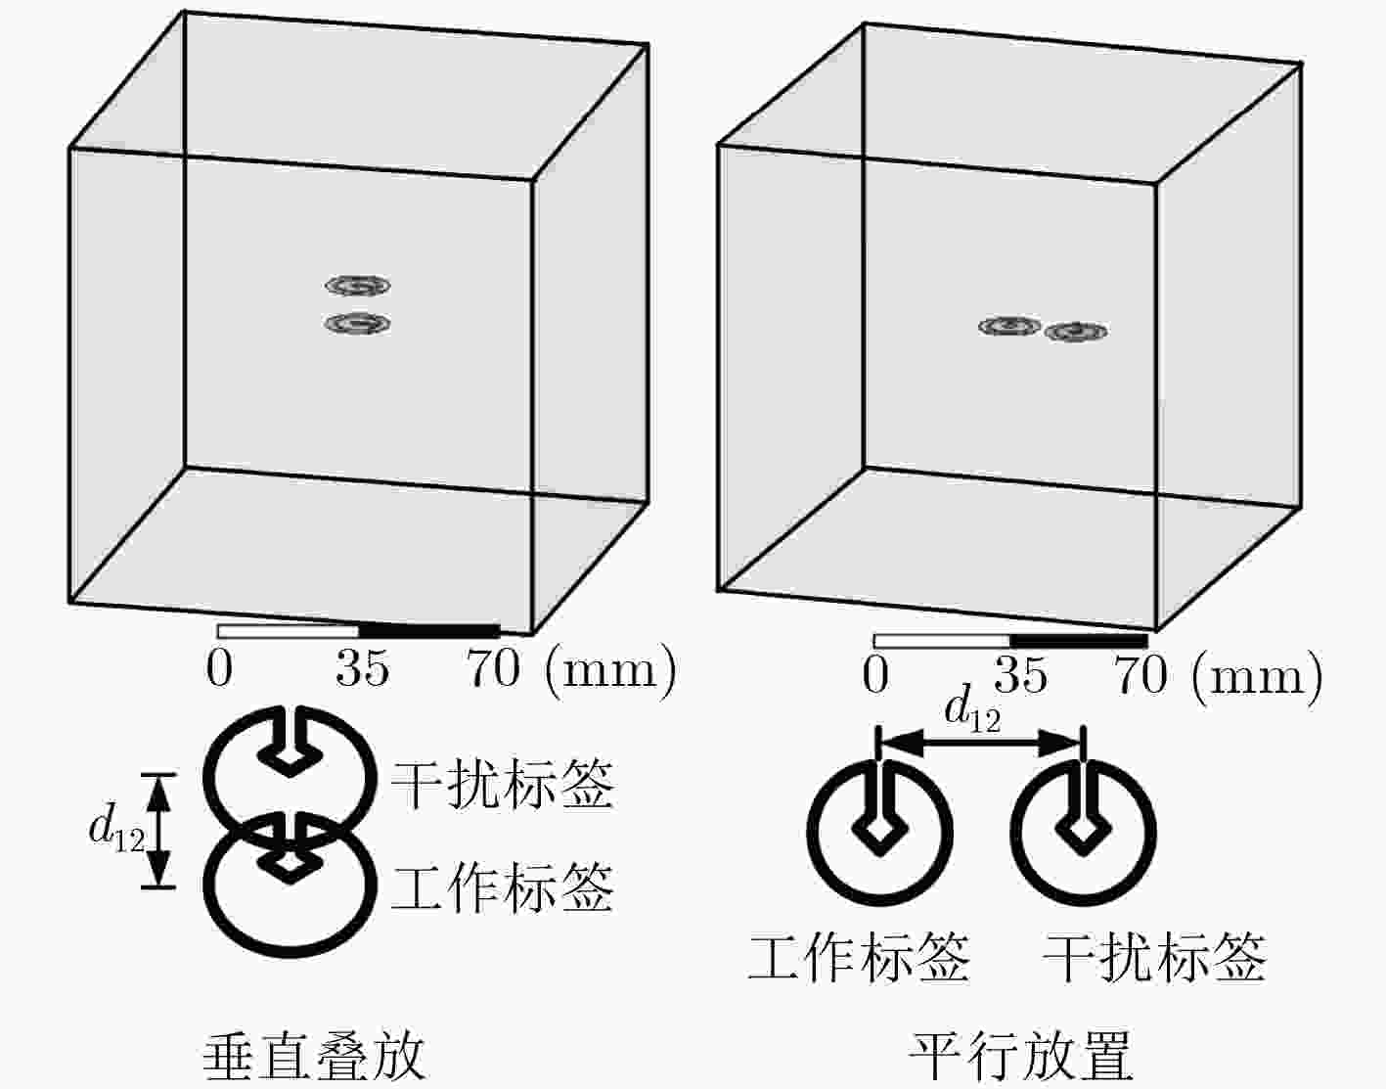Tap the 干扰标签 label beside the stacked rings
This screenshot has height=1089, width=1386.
click(x=502, y=784)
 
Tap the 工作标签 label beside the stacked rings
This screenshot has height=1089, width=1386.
click(x=502, y=887)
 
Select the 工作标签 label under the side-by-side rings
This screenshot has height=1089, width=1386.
click(x=859, y=958)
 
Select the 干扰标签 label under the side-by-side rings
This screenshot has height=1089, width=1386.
click(x=1154, y=958)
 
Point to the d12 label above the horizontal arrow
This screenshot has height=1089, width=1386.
click(x=972, y=710)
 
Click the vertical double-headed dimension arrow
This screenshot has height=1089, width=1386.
click(x=158, y=832)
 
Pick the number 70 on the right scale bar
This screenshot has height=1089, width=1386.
click(x=1140, y=675)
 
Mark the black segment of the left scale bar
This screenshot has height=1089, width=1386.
click(x=429, y=631)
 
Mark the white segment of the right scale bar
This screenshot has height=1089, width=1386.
click(x=941, y=641)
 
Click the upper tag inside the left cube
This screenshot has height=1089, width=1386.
click(x=357, y=285)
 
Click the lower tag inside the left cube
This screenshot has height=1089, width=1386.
click(x=357, y=324)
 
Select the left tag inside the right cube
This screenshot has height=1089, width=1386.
click(x=1009, y=326)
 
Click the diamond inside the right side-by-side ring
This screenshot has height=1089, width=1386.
click(x=1083, y=830)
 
